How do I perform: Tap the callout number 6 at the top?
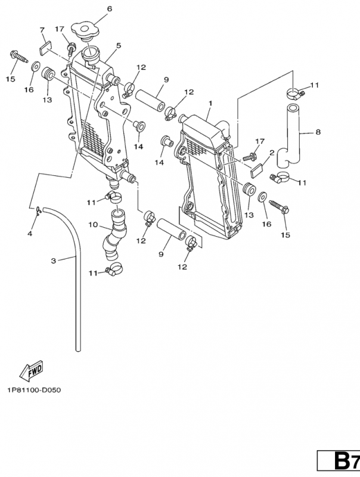pos(109,9)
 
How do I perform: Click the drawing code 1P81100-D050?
pos(34,391)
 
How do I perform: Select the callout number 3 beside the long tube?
pos(53,261)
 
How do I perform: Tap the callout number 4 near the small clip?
pos(30,233)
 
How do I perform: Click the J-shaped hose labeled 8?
pos(295,136)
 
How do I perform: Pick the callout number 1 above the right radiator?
pos(210,103)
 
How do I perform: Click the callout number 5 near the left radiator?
pos(118,45)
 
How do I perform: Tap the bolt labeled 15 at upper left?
pos(18,58)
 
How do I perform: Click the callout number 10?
pos(93,225)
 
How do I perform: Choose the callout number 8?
pos(318,132)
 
